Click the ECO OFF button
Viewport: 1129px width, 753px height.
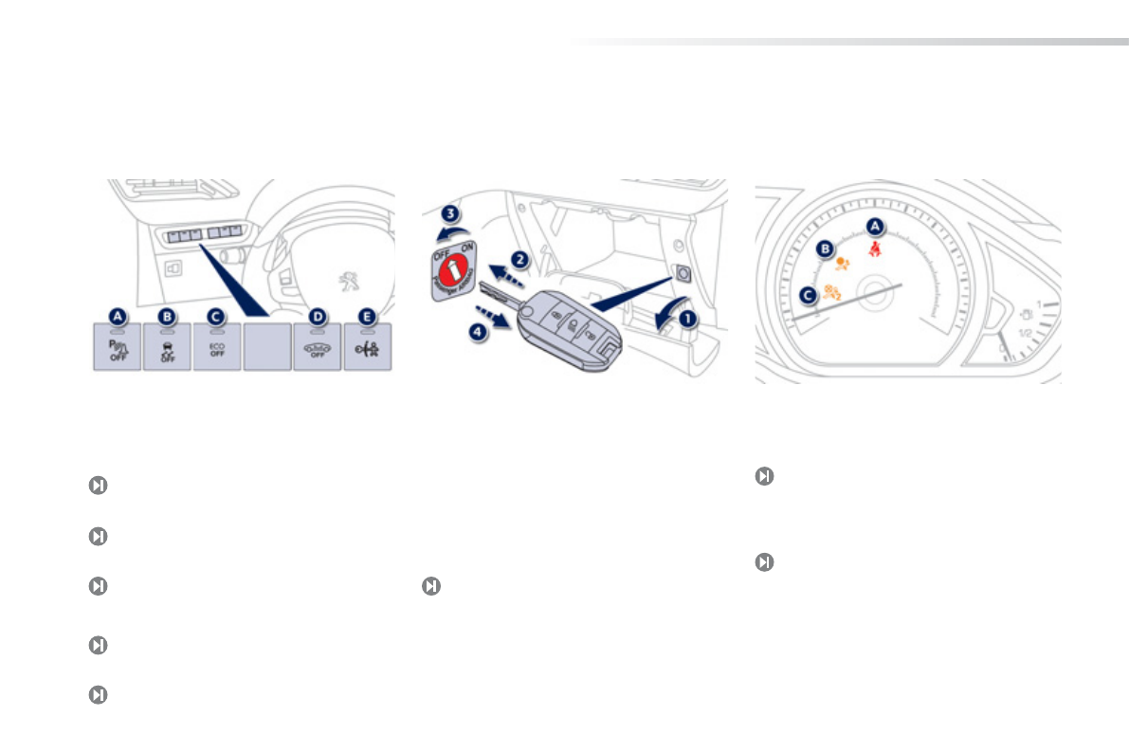(216, 348)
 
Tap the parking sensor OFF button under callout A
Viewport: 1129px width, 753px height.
(117, 348)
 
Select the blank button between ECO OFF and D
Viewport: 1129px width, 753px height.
(266, 347)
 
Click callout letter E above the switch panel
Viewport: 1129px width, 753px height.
(367, 317)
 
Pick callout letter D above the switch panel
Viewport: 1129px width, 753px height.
(317, 317)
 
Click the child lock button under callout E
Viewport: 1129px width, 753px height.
(367, 348)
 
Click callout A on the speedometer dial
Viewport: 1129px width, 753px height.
(876, 226)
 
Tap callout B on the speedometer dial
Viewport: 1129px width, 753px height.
(826, 249)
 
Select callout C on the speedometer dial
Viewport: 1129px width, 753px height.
(807, 295)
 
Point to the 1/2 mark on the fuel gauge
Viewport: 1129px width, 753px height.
(1025, 333)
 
